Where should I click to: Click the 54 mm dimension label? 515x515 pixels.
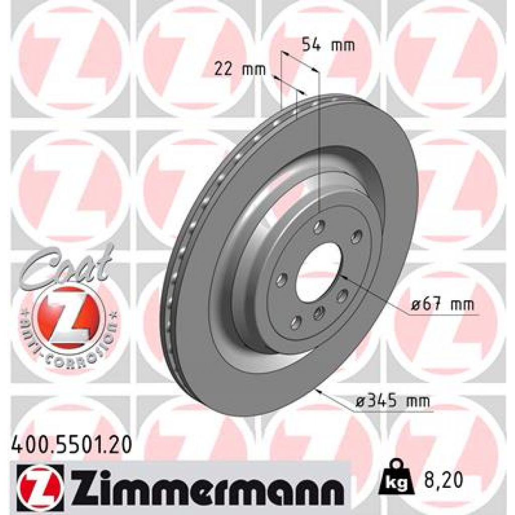point(328,45)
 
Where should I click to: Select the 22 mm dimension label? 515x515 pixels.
point(239,70)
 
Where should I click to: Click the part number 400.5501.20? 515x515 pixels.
point(71,444)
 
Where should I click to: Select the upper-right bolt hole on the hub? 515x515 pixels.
point(357,236)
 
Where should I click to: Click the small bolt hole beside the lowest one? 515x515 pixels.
point(318,314)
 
